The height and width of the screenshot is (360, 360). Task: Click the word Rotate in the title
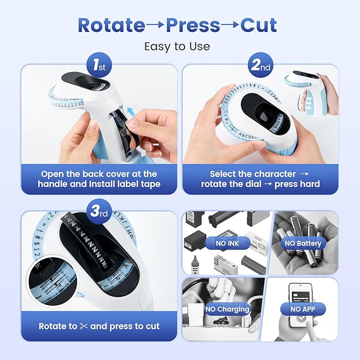pyautogui.click(x=111, y=25)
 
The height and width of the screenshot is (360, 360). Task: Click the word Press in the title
pyautogui.click(x=194, y=25)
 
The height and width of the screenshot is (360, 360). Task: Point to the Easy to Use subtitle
pyautogui.click(x=177, y=47)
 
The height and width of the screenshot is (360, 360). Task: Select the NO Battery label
pyautogui.click(x=302, y=243)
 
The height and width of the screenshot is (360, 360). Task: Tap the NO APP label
pyautogui.click(x=303, y=309)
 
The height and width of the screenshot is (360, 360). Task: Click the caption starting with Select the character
pyautogui.click(x=260, y=179)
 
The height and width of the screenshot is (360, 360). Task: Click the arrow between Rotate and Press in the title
pyautogui.click(x=155, y=25)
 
